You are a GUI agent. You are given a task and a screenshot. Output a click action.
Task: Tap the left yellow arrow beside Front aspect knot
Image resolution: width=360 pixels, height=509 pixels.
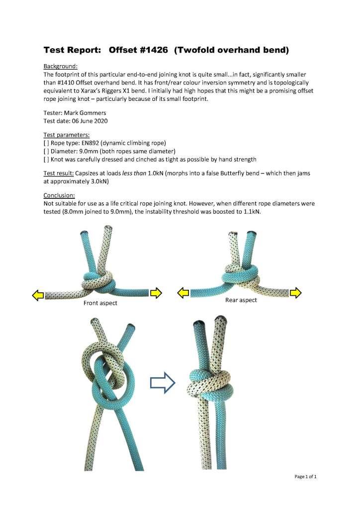coord(38,296)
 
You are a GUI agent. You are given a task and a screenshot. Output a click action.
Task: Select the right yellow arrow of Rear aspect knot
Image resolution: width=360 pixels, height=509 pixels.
coord(296,293)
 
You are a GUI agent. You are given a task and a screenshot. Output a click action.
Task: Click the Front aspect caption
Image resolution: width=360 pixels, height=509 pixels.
coord(100,303)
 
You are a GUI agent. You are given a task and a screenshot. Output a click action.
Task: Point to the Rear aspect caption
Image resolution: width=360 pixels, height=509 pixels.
coord(241,300)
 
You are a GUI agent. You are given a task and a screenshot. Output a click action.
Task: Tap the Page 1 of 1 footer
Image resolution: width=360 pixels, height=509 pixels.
coord(305,477)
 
